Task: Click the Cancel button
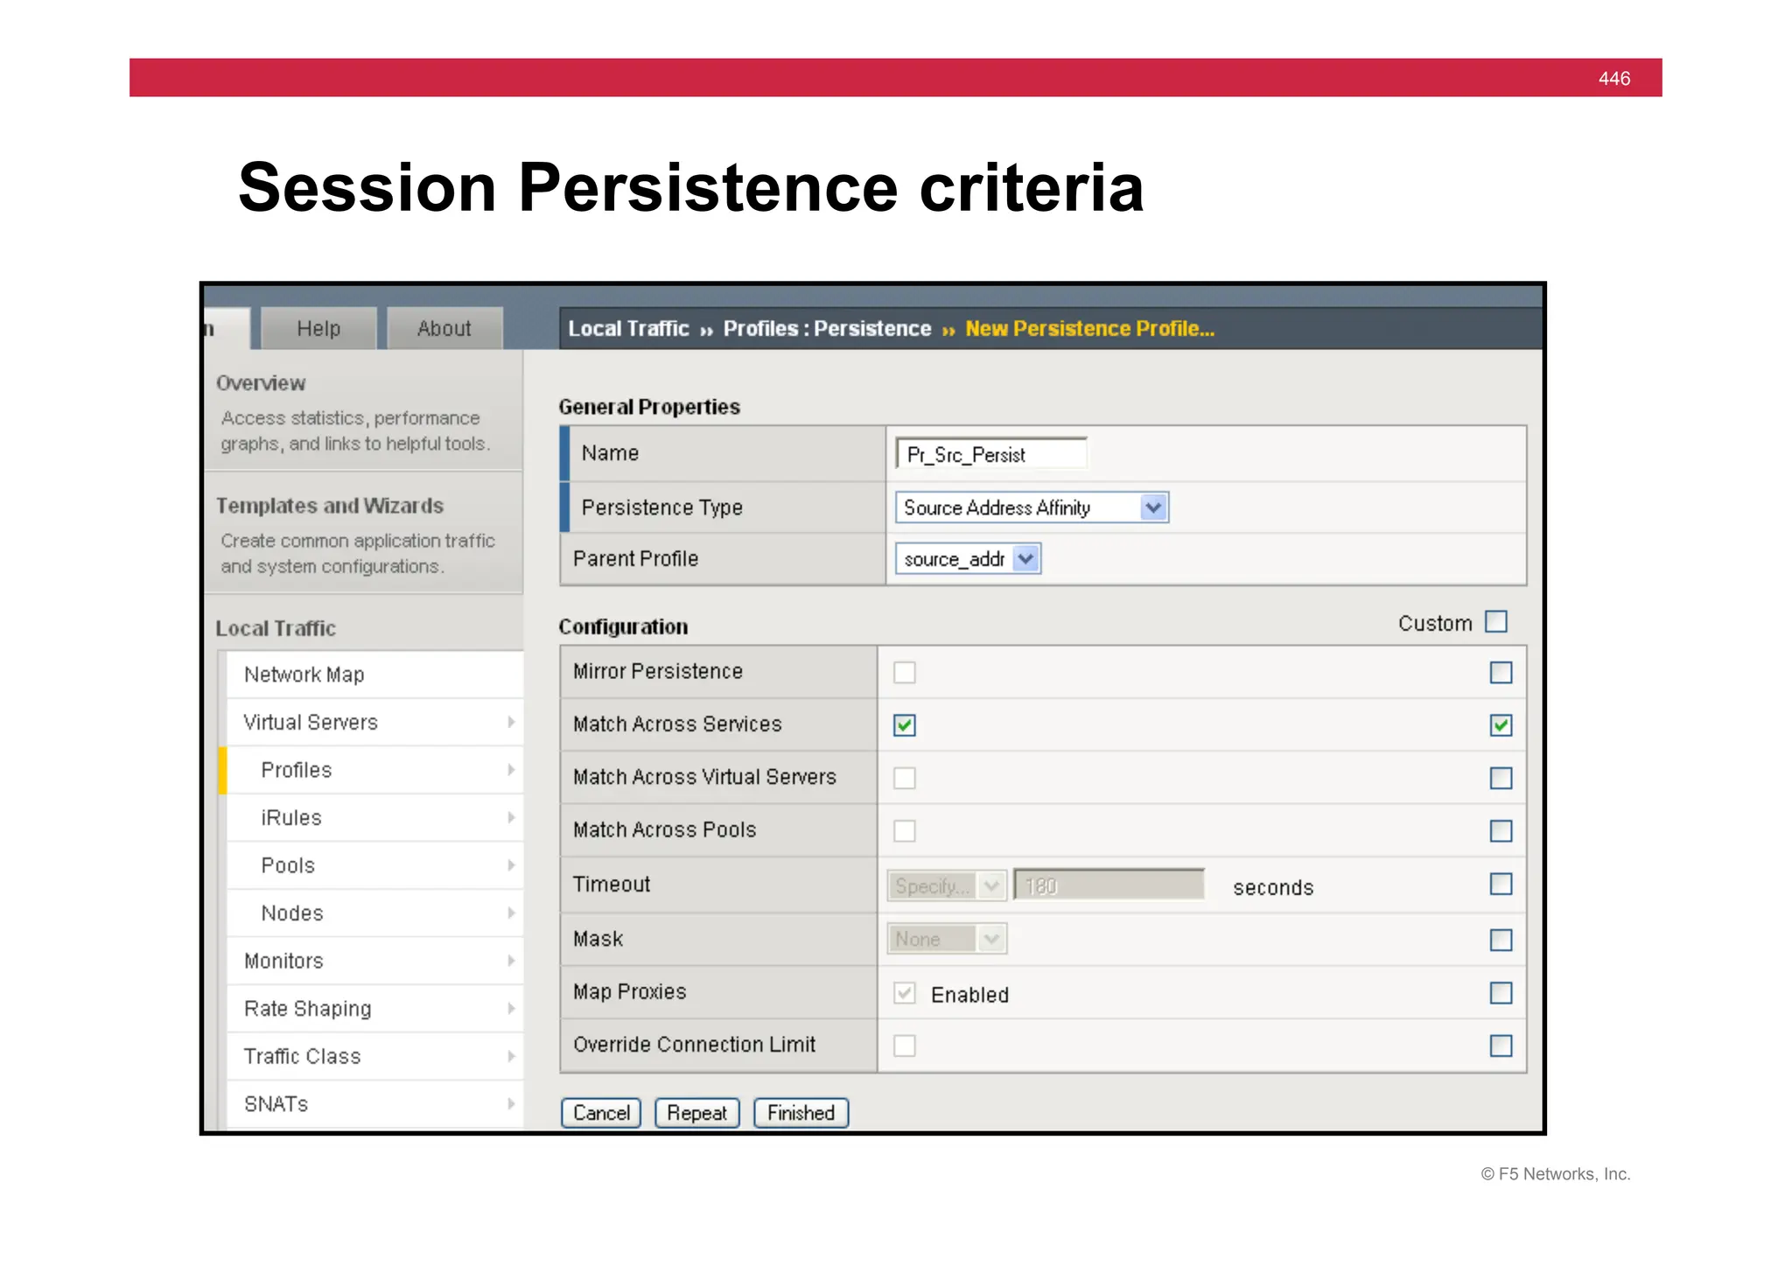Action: click(601, 1113)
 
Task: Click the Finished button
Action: click(801, 1113)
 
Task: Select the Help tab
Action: click(318, 328)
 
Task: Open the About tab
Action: click(444, 328)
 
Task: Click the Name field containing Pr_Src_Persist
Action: click(991, 454)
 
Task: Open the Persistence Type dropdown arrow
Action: click(1154, 507)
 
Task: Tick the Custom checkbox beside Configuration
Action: click(1496, 622)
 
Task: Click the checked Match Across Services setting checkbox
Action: click(905, 725)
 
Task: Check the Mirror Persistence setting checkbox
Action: click(905, 673)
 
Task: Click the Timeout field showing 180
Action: click(1109, 885)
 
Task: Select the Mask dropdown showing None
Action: click(946, 939)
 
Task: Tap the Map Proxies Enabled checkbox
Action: click(905, 993)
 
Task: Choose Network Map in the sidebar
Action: click(304, 675)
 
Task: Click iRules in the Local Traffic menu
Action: click(291, 818)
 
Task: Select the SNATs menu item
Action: click(276, 1104)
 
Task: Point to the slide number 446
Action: click(1614, 79)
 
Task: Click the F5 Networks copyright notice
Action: click(1556, 1174)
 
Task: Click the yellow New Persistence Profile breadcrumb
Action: click(1089, 329)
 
